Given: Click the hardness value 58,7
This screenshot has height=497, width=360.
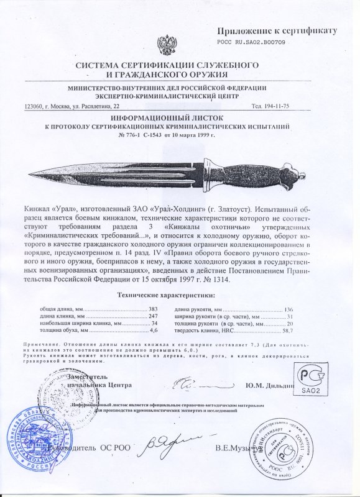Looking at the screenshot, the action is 287,332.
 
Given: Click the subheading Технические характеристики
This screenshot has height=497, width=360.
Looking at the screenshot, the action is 177,293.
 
